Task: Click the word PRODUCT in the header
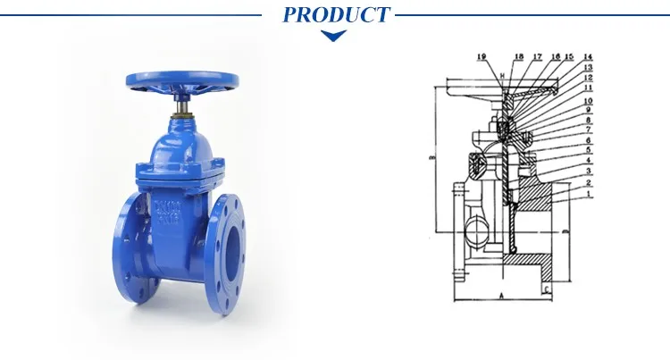pos(336,14)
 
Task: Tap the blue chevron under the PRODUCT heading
pos(334,37)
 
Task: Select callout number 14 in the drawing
pos(588,57)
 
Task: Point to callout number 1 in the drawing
pos(589,193)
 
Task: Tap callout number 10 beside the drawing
pos(589,102)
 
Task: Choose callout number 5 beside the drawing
pos(589,150)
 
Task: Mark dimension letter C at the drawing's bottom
pos(545,291)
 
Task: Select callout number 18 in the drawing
pos(520,57)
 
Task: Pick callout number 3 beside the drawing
pos(589,171)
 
